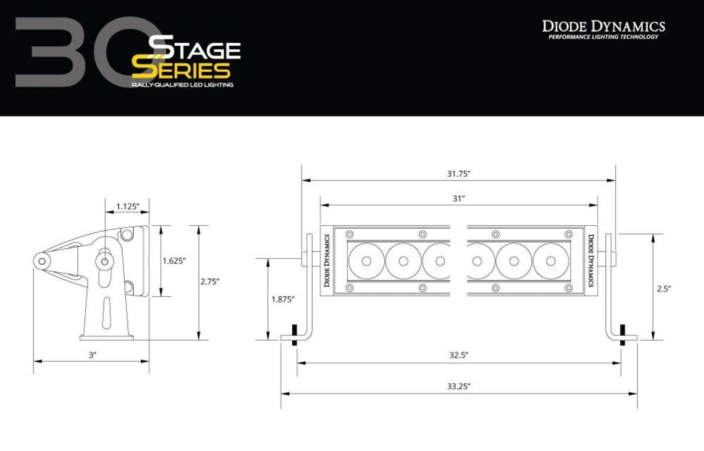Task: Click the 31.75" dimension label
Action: pos(459,174)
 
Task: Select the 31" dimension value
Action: pos(459,199)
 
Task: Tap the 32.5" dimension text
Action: pos(459,355)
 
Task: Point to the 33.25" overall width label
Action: pos(459,386)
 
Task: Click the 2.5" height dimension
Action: pos(663,289)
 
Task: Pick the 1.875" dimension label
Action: pos(283,299)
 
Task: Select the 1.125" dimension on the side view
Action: pos(127,206)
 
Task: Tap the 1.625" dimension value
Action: pos(174,260)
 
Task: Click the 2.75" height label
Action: pos(210,282)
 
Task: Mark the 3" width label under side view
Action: pos(92,355)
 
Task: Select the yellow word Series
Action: pos(181,70)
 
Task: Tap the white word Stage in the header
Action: pos(195,49)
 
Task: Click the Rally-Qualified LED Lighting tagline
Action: pos(182,85)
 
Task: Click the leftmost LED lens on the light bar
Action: pos(366,260)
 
